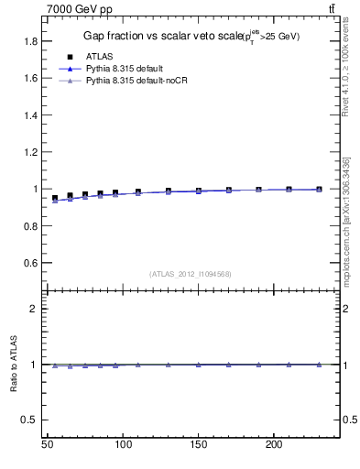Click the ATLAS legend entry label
click(97, 57)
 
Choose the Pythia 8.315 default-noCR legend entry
click(134, 82)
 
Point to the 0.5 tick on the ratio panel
click(30, 420)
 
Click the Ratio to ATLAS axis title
click(14, 364)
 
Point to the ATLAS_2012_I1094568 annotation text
click(190, 274)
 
